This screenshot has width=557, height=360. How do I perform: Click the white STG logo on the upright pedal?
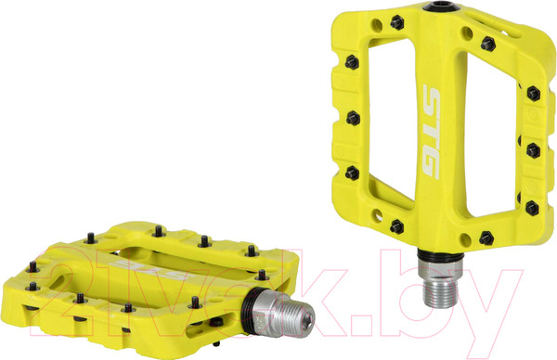coord(432,132)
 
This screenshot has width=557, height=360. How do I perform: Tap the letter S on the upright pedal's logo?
coord(432,100)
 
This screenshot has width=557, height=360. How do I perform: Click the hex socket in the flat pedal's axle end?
coord(309,322)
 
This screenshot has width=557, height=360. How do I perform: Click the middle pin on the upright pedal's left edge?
coord(353,118)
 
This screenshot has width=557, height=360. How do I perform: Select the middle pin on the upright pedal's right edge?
coord(533,150)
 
